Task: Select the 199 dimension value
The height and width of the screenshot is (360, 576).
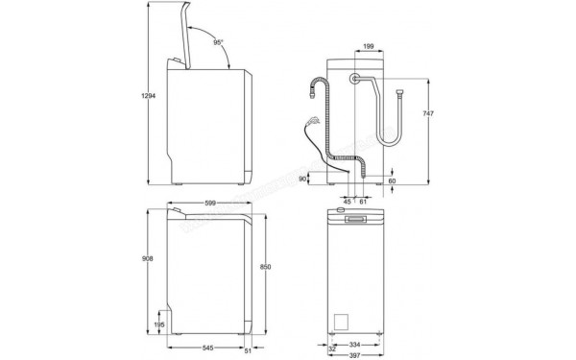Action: tap(369, 44)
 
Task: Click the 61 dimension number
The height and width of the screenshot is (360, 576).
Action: tap(363, 202)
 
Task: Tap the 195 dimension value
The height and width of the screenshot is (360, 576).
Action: tap(160, 324)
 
